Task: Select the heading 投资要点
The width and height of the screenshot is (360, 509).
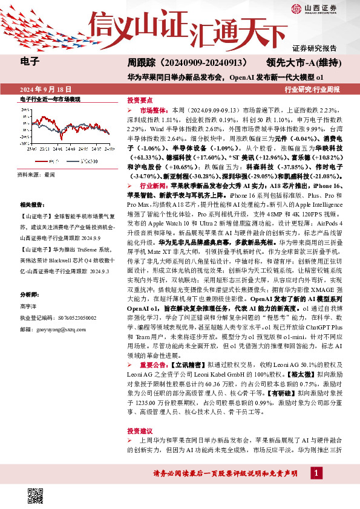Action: (x=139, y=100)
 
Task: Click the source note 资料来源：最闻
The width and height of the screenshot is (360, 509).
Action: (x=36, y=174)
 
